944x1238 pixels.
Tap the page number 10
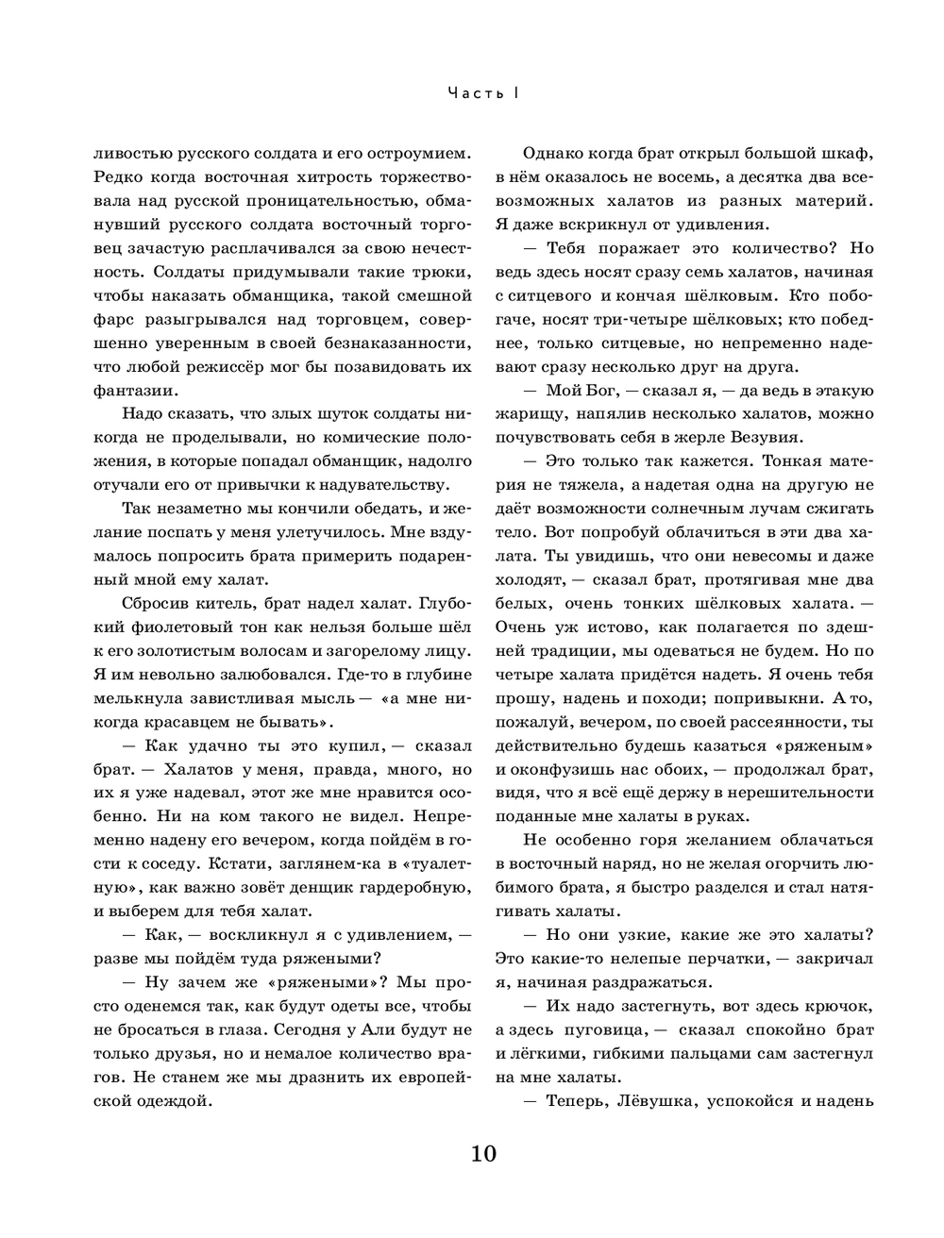(481, 1153)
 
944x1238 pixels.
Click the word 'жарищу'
(529, 413)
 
